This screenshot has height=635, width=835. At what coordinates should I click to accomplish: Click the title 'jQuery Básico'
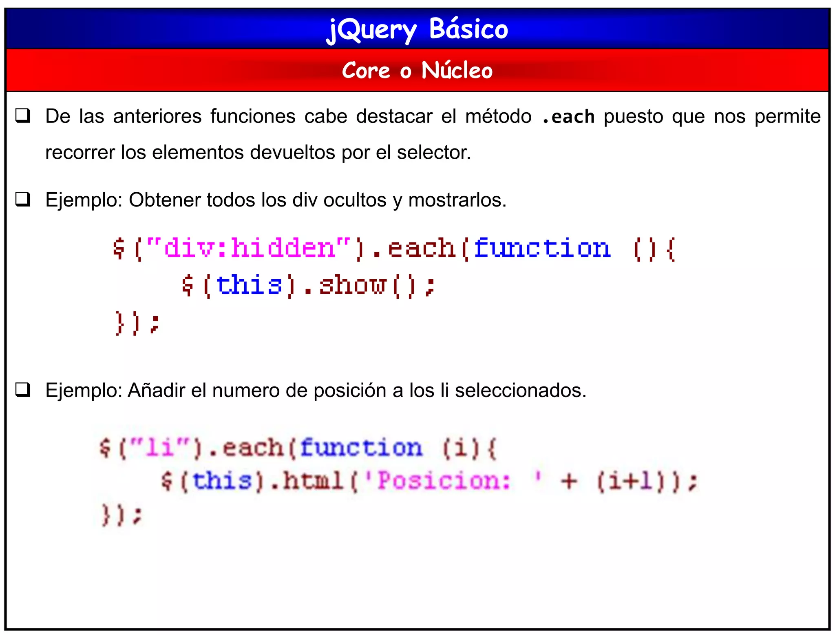(417, 29)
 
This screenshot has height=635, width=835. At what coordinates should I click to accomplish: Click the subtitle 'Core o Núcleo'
(417, 71)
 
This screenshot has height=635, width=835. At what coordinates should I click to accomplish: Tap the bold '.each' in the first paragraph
(568, 117)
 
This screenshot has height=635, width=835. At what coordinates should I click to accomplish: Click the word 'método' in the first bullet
(498, 117)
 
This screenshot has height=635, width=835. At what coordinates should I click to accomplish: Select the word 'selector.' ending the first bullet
(434, 153)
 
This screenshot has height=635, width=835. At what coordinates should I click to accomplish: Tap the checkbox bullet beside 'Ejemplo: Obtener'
(23, 200)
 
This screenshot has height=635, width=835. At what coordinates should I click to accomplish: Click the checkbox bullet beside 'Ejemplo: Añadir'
(23, 390)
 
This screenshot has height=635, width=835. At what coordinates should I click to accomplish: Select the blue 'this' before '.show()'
(249, 285)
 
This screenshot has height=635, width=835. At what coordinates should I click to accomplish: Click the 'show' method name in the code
(352, 285)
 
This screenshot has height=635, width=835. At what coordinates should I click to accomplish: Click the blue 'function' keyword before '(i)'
(361, 448)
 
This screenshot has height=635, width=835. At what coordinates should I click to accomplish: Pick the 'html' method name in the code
(313, 481)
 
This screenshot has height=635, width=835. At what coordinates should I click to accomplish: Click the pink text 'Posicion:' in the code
(444, 481)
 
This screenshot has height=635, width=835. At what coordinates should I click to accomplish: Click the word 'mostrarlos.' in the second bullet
(457, 200)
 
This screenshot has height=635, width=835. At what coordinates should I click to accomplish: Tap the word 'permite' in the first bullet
(787, 117)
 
